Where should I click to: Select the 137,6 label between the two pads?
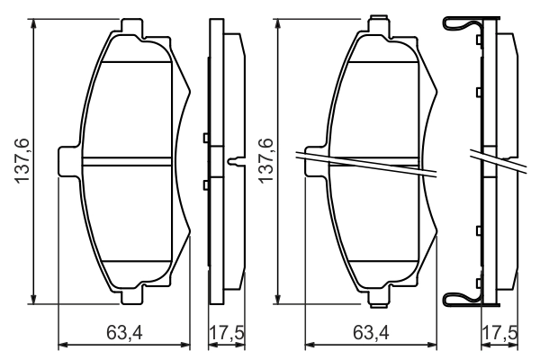point(264,162)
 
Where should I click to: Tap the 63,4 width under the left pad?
point(125,334)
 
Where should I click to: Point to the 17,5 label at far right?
point(500,334)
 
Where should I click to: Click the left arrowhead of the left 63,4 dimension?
point(62,345)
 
